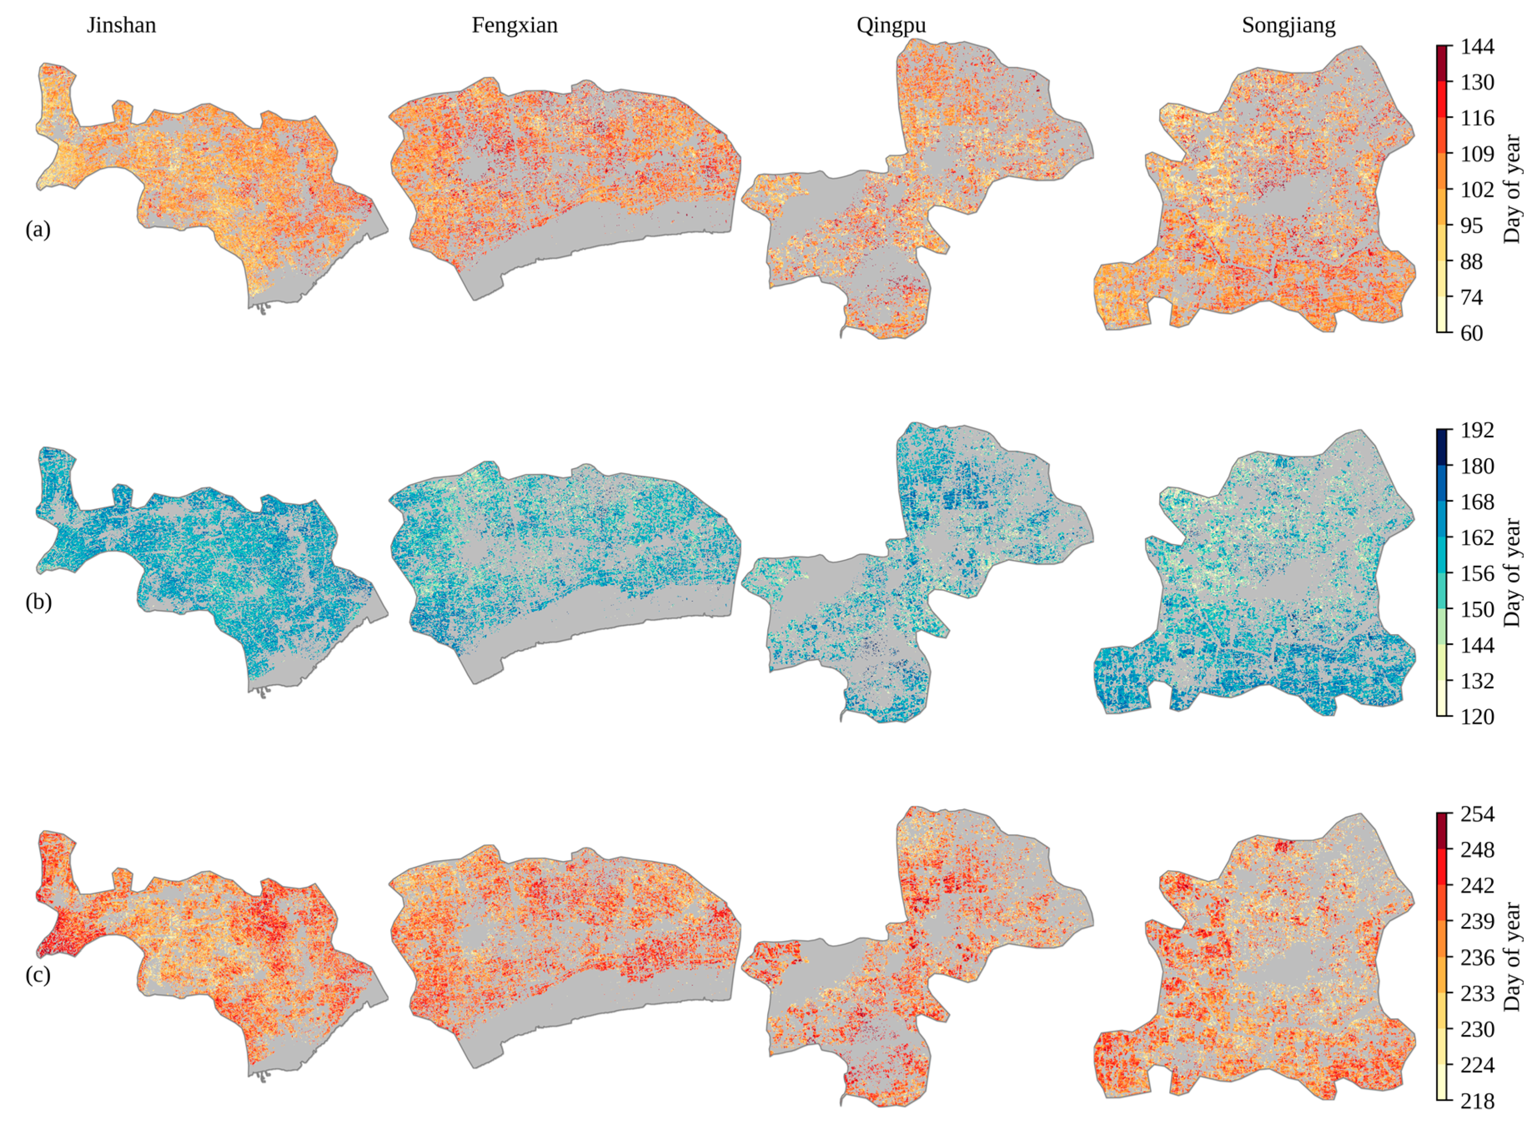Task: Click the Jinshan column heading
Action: click(122, 25)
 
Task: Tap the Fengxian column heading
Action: click(514, 25)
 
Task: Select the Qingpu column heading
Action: click(891, 25)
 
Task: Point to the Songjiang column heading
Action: click(1289, 25)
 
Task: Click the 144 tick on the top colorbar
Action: click(1477, 47)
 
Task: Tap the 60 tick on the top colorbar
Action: click(1472, 333)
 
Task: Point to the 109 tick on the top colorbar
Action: click(1477, 154)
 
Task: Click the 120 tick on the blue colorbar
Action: click(1477, 716)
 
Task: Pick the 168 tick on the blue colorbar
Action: click(1477, 502)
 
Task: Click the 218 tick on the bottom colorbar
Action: click(1477, 1101)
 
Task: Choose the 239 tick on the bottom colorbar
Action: click(1477, 922)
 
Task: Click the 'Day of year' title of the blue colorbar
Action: click(1512, 573)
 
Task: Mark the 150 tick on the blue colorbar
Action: click(1477, 609)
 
